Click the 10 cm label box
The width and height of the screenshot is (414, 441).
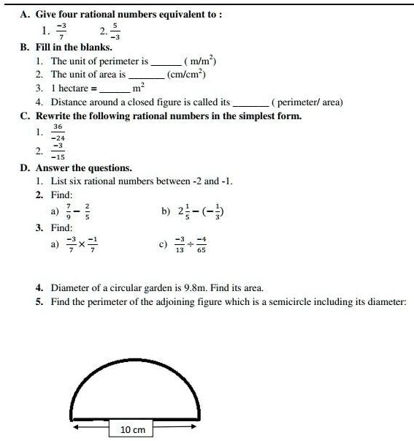132,429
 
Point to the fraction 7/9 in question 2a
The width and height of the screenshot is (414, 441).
68,211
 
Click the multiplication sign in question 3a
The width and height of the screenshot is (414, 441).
83,244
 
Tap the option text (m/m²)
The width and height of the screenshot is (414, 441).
200,61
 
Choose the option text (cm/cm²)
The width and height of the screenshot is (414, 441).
186,74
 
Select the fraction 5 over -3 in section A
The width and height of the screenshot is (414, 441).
116,31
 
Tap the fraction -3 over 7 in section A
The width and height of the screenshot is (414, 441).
63,31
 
